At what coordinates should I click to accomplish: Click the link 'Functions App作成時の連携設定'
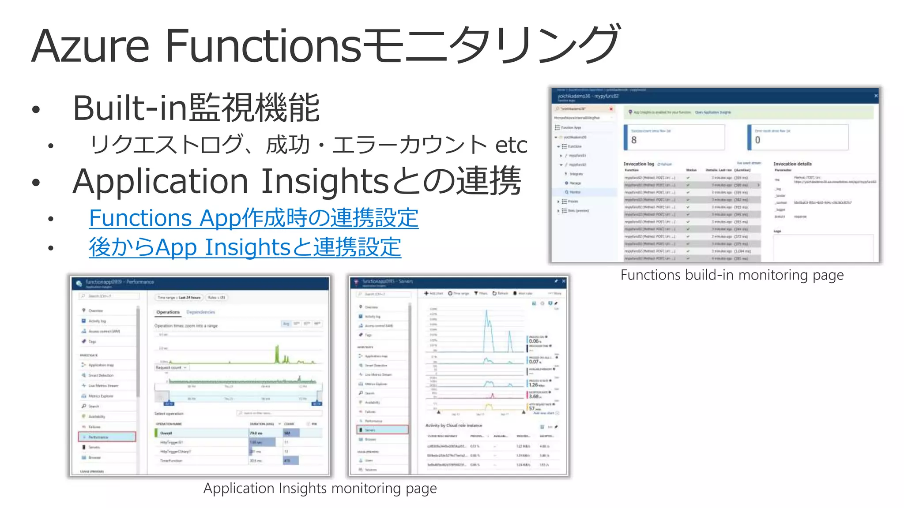(x=253, y=218)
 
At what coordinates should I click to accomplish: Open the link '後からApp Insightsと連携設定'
(x=245, y=247)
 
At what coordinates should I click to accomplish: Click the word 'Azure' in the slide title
(x=90, y=46)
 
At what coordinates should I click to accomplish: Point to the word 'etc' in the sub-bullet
(x=511, y=145)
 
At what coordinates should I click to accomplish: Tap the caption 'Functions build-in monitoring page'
(x=732, y=275)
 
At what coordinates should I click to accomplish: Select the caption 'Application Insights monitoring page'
(x=320, y=489)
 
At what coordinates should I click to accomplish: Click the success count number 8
(x=634, y=140)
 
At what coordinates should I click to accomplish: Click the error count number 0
(x=757, y=140)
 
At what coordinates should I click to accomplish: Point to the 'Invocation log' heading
(x=638, y=164)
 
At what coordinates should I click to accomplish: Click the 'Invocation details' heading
(x=792, y=164)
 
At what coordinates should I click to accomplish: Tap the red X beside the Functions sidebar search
(x=611, y=109)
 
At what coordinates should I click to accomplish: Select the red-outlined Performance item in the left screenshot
(x=107, y=437)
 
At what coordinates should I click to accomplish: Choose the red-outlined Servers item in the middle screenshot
(x=382, y=430)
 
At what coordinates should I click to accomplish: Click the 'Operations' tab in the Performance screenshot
(x=168, y=312)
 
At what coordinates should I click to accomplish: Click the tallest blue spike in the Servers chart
(x=487, y=313)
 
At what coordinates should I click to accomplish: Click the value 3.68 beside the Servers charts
(x=534, y=396)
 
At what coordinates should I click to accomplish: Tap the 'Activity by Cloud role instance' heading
(x=454, y=426)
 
